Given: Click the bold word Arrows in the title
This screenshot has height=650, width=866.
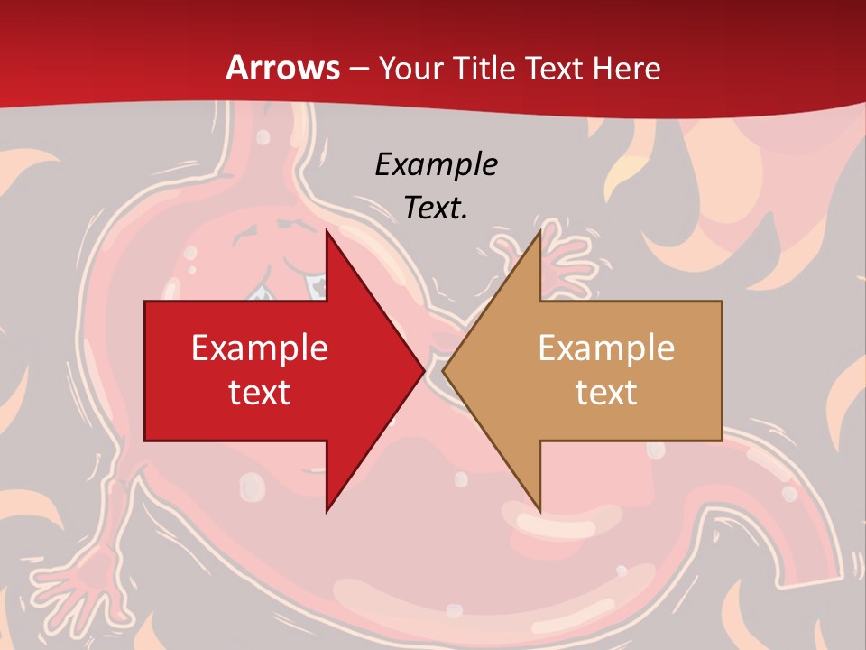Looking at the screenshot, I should [282, 68].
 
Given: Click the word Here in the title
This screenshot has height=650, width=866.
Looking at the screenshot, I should [628, 69].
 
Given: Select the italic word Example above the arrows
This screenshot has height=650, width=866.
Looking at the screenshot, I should [436, 164].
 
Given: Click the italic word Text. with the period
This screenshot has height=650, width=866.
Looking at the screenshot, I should [436, 208].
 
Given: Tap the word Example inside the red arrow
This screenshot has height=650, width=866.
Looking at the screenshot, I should [260, 348].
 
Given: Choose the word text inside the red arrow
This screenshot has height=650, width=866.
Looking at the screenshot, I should [260, 392].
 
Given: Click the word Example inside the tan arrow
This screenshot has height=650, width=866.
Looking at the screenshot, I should [606, 348].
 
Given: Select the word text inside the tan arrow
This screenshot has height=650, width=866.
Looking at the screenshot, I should [606, 392].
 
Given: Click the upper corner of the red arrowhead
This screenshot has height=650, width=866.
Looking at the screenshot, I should [327, 233].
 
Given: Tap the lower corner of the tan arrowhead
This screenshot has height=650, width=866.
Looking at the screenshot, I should [539, 510].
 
